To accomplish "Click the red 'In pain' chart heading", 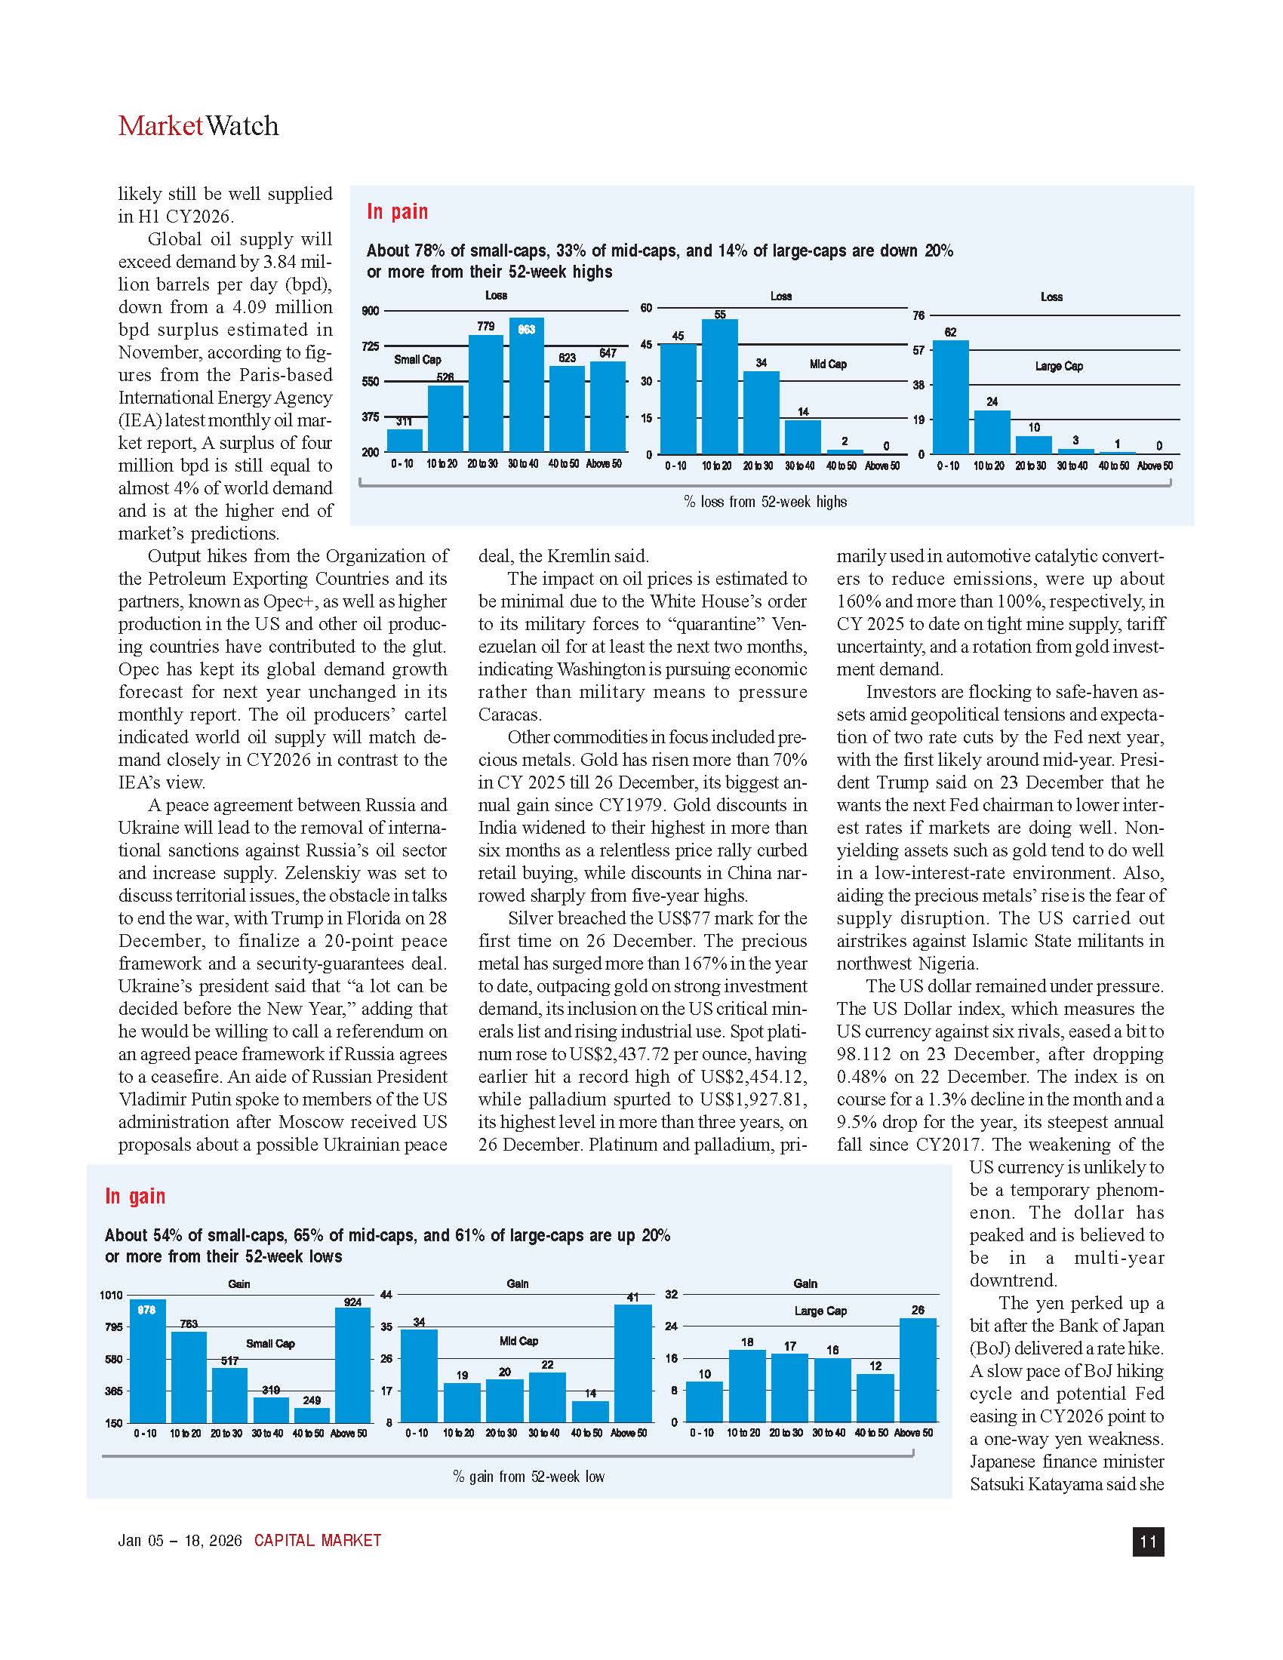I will [x=397, y=211].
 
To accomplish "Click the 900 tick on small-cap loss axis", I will [x=370, y=310].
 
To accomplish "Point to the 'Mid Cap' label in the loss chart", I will [x=828, y=364].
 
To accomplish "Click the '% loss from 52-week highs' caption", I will [x=765, y=502].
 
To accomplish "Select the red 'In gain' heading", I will [x=134, y=1196].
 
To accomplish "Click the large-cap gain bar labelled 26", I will [x=918, y=1369].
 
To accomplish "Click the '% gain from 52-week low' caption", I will [x=528, y=1476].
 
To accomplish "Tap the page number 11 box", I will [x=1148, y=1542].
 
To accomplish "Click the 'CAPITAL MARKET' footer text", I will [x=317, y=1541].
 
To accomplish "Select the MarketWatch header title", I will [x=198, y=125].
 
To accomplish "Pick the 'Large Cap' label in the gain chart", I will [x=820, y=1311].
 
